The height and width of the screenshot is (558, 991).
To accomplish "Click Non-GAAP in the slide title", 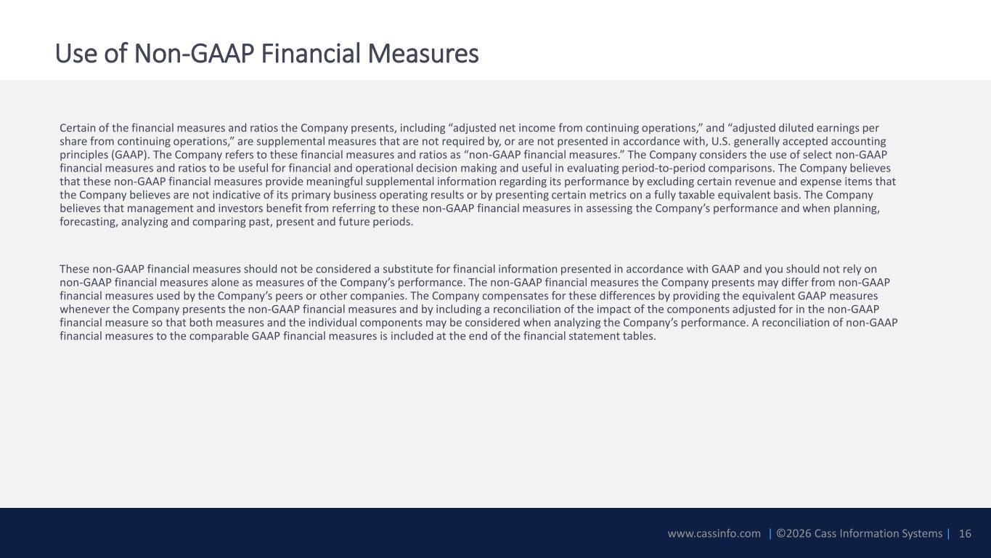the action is click(194, 54).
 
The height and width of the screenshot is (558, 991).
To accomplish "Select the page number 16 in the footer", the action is click(965, 533).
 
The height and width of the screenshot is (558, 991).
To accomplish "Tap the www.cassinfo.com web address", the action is click(714, 533).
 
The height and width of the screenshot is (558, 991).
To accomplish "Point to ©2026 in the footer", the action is click(794, 533).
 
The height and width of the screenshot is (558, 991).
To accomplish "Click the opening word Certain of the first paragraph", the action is click(78, 128).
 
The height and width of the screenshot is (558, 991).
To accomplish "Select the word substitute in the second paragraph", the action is click(407, 270).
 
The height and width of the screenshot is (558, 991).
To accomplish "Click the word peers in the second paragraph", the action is click(288, 296).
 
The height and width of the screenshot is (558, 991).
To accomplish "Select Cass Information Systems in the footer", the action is click(878, 533).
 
